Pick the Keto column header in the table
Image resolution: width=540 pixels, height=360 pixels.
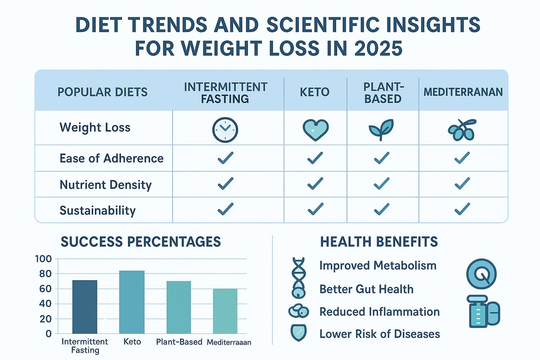315,92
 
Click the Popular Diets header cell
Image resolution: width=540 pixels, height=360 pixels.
103,92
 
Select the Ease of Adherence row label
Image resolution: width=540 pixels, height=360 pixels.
111,158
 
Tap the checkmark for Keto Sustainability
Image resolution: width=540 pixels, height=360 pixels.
315,209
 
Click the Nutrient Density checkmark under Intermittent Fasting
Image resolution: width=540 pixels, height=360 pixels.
225,183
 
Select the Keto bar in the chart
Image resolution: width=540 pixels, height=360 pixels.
131,302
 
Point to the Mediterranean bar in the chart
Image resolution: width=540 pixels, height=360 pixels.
225,311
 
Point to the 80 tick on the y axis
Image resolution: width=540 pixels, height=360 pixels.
46,274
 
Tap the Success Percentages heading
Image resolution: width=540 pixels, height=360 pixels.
140,242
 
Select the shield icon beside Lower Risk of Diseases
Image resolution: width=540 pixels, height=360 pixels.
297,333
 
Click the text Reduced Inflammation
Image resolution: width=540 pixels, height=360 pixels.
379,311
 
